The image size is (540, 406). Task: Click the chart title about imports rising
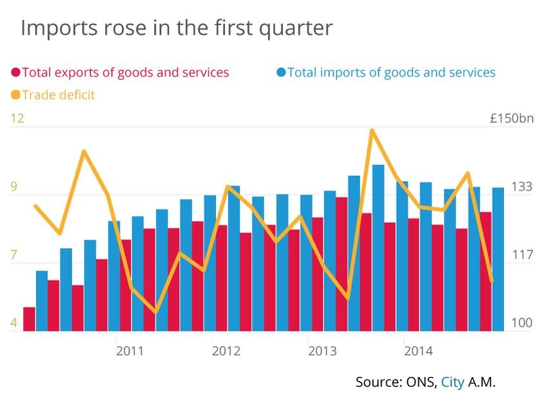(177, 28)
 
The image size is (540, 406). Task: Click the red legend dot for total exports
(16, 73)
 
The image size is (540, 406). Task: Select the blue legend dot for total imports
(281, 72)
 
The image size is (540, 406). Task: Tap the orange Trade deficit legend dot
(16, 95)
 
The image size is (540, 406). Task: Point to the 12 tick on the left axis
(17, 119)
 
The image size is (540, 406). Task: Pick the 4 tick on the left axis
(14, 322)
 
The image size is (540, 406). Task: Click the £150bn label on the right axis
(512, 119)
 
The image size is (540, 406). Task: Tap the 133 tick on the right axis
(521, 187)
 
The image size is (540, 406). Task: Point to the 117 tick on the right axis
(521, 256)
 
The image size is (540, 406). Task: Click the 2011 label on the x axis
(130, 351)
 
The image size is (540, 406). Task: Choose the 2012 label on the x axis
(226, 351)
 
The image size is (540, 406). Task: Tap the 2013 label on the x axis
(322, 351)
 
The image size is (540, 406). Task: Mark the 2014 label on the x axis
(418, 351)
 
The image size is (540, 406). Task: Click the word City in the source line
(452, 382)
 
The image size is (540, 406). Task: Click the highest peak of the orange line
(372, 131)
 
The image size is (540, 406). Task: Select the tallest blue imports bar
(378, 248)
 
